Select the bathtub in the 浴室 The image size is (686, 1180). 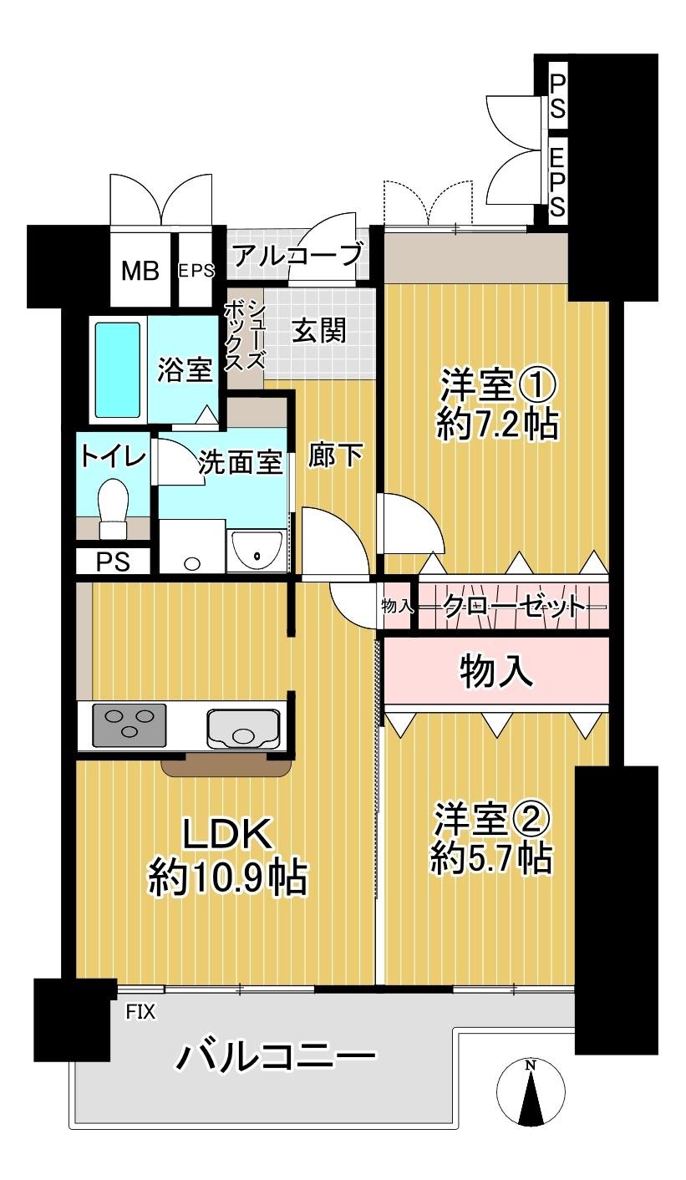coord(117,369)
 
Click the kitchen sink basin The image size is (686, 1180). coord(241,726)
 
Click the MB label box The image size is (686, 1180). coord(140,271)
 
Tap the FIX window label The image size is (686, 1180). coord(140,1012)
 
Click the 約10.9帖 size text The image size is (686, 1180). coord(227,877)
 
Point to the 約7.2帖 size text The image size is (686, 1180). coord(496,425)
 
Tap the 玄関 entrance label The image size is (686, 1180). coord(318,331)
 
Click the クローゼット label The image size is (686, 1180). coord(512,605)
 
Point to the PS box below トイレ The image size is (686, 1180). coord(113,562)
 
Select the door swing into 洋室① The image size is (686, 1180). coord(408,523)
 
